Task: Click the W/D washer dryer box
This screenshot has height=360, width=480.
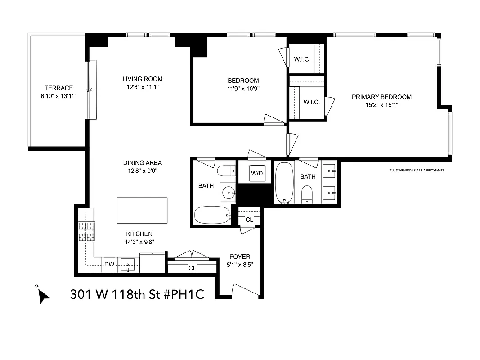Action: [256, 173]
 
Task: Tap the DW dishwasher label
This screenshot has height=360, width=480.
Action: [109, 265]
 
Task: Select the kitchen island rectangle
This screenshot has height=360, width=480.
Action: [142, 210]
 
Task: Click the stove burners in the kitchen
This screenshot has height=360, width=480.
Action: [87, 232]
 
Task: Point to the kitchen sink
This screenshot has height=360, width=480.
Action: [128, 265]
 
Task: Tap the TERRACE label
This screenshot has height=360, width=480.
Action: [58, 88]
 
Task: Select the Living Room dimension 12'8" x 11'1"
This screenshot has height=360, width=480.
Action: [143, 87]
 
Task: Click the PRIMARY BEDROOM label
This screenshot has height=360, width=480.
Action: [381, 97]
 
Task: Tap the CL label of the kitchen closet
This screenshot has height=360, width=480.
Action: [192, 268]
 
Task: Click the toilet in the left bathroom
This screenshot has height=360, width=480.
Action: [225, 171]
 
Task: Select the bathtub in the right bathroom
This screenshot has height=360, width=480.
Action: [283, 182]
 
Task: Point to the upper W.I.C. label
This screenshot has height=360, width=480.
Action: [302, 59]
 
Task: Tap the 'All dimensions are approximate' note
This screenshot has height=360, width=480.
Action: [417, 170]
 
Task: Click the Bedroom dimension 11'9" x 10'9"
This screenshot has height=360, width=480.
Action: [243, 89]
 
